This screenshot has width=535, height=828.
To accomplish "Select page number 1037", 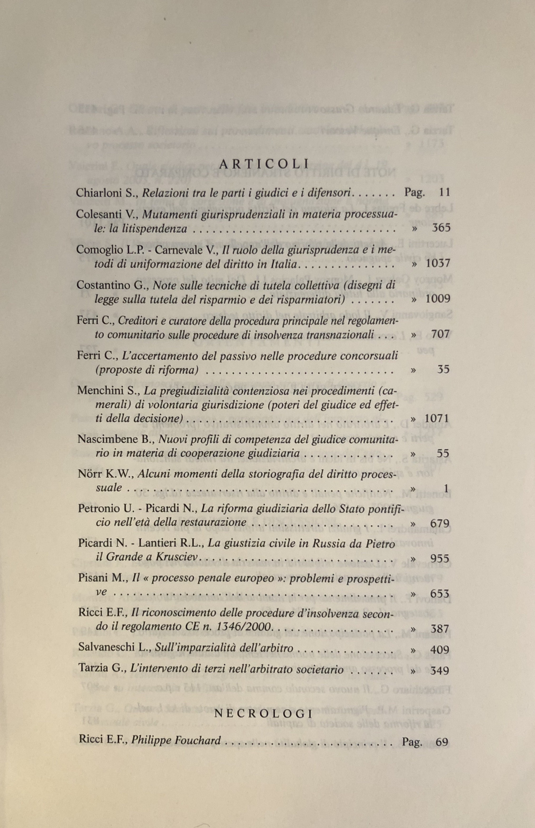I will tap(438, 263).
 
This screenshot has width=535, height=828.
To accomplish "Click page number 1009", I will tap(438, 299).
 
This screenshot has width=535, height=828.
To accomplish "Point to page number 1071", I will tap(437, 418).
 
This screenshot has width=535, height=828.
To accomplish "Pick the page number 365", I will tap(441, 228).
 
